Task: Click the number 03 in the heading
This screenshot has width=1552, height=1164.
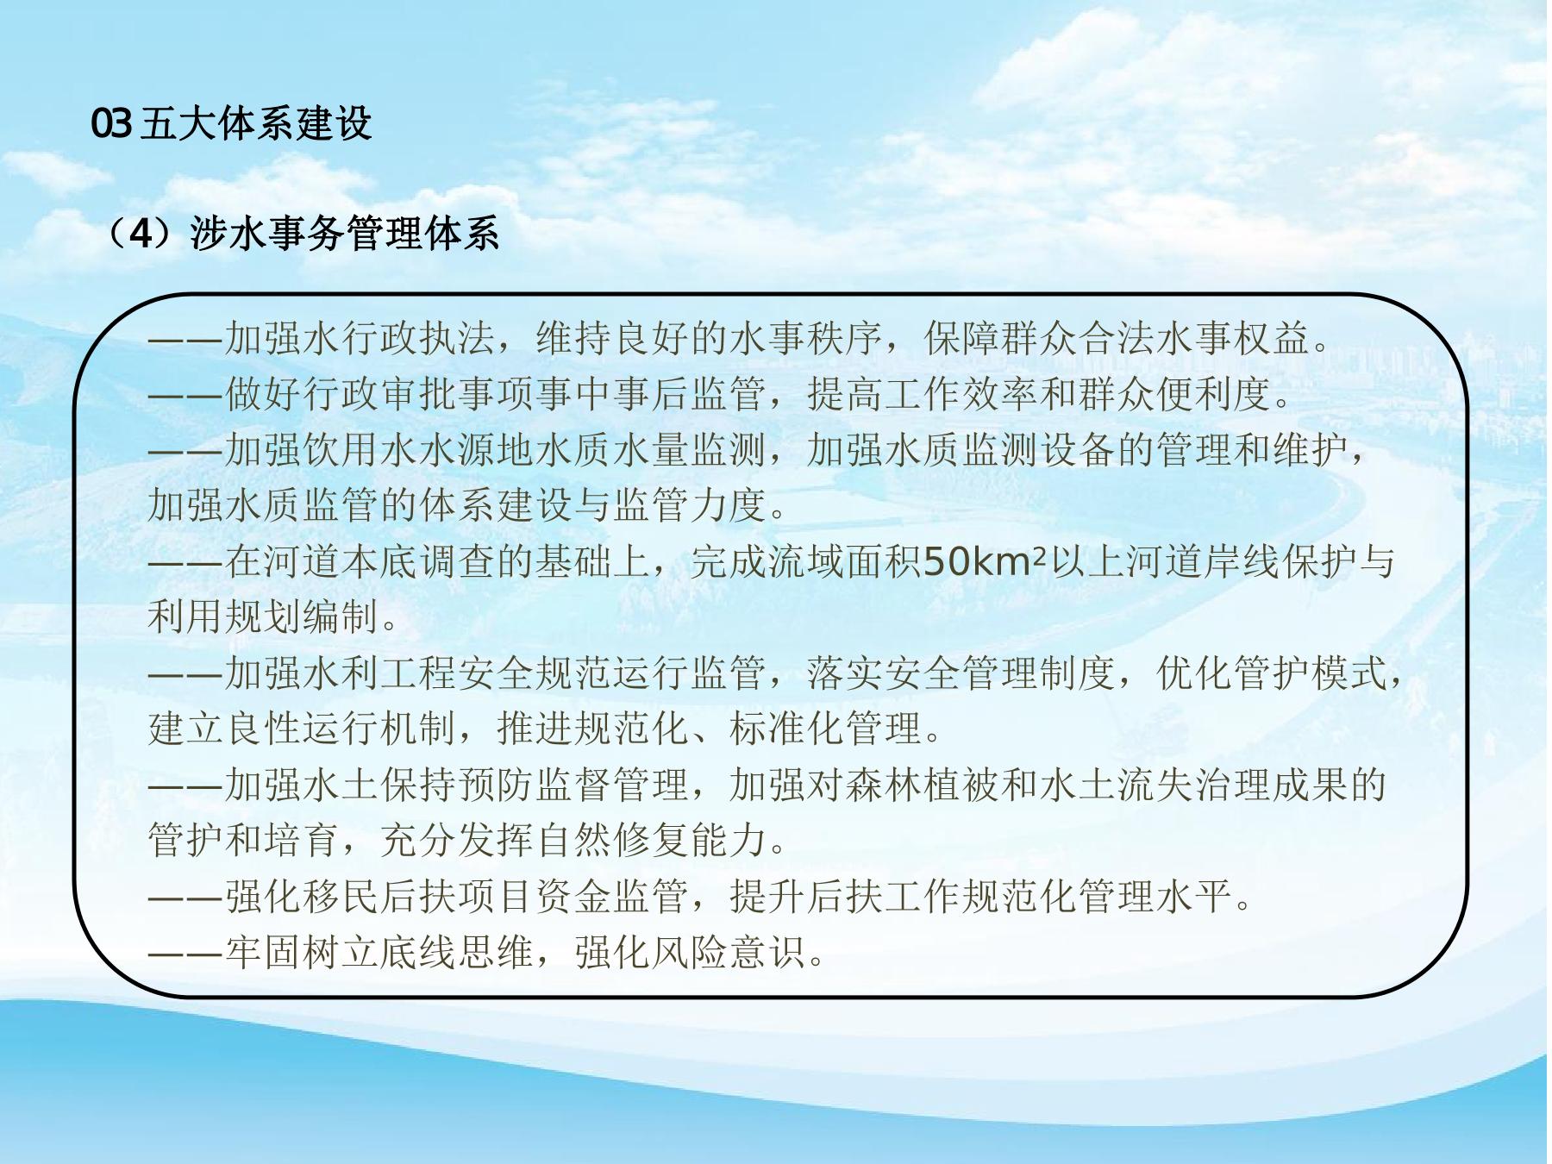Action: coord(111,124)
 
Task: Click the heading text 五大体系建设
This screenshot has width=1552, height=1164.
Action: coord(256,124)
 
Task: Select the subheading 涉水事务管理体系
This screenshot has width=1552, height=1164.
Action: coord(345,234)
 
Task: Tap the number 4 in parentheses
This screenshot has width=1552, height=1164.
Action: coord(141,234)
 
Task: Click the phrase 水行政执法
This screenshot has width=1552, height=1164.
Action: coord(399,339)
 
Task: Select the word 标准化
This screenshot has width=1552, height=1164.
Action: coord(787,729)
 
